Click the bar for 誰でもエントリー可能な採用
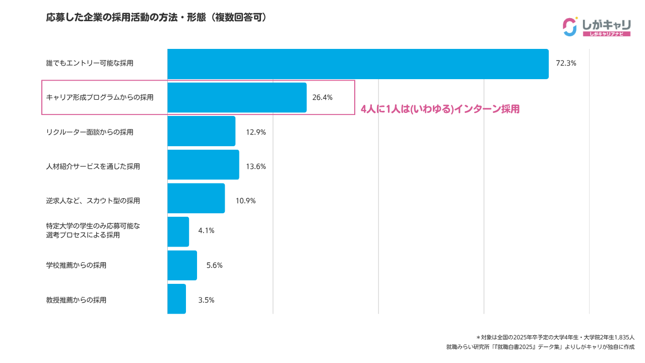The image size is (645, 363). click(358, 64)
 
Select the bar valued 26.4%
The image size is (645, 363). click(237, 97)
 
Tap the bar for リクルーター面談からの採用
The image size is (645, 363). click(201, 131)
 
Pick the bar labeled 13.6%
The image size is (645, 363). click(203, 165)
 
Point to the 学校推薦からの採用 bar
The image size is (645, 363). click(182, 265)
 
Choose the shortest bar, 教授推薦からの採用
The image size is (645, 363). click(176, 299)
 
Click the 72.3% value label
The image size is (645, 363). click(565, 64)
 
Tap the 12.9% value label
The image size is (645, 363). click(255, 133)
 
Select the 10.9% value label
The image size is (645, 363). click(245, 201)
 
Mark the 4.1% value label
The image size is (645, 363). click(206, 230)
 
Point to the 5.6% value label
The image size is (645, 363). click(214, 265)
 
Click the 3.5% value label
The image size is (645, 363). click(206, 300)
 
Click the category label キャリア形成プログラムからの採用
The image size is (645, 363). click(99, 97)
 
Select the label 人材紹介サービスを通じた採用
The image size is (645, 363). click(93, 166)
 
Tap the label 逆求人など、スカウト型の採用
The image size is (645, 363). click(93, 201)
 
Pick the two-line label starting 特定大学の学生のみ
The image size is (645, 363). click(93, 230)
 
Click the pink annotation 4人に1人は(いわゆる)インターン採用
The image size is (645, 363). click(440, 109)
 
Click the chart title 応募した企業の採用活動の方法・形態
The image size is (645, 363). click(156, 18)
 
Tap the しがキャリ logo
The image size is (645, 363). click(597, 27)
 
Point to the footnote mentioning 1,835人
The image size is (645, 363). click(555, 337)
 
